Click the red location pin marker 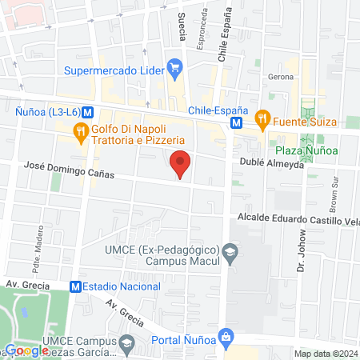(181, 162)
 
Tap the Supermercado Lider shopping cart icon (174, 67)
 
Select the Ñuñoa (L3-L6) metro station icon (87, 113)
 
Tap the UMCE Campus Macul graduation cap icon (230, 253)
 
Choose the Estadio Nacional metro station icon (74, 286)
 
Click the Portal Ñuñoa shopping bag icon (227, 336)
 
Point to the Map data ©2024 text (325, 354)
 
